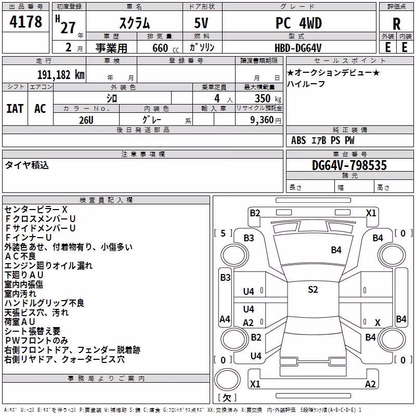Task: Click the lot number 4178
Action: pos(25,22)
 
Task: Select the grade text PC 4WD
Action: pos(298,23)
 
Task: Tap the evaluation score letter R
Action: pos(396,24)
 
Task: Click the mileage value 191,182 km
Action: pos(61,75)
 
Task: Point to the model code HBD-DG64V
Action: pos(298,48)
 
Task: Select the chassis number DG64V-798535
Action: pos(349,165)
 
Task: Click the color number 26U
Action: pos(86,120)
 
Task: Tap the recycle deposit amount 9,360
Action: pos(262,120)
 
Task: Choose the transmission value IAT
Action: pos(15,109)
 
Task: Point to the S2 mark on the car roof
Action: pos(313,290)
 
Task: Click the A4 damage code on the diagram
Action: pos(225,319)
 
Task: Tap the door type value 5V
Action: pos(201,23)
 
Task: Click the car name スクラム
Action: pos(135,23)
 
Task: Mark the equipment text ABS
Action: pos(298,140)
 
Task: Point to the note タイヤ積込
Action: pos(27,165)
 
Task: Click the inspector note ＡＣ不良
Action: pos(20,256)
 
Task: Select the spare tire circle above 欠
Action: pos(227,379)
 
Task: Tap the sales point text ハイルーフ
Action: pos(306,84)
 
